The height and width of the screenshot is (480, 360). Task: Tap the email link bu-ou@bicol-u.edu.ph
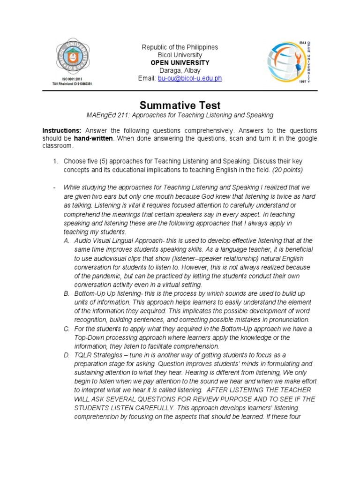tap(189, 78)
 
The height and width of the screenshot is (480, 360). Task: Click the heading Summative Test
tap(180, 105)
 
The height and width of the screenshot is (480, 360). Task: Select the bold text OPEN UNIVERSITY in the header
tap(180, 63)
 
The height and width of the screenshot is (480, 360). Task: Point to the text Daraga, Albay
tap(180, 70)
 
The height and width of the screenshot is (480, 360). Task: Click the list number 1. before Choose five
tap(55, 161)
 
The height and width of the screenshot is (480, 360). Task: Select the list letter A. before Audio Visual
tap(67, 240)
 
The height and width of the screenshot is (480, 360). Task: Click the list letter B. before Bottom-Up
tap(67, 293)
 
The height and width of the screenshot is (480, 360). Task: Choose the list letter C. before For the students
tap(67, 329)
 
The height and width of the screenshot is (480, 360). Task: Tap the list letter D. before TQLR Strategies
tap(67, 354)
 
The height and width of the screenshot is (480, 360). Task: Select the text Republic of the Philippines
tap(180, 47)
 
